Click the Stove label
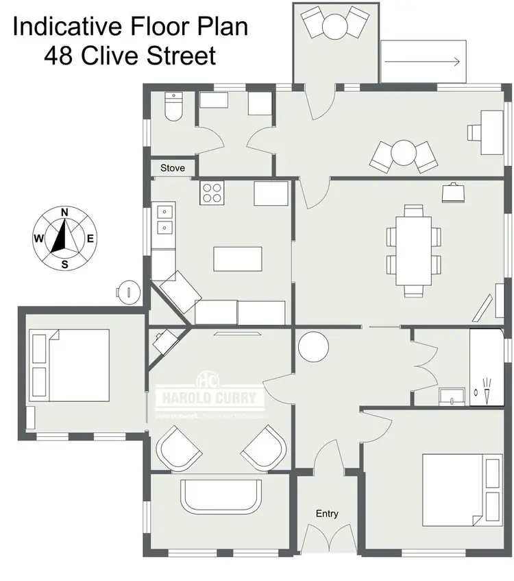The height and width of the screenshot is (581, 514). click(173, 168)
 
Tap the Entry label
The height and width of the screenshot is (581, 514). click(327, 513)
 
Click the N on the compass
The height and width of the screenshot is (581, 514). click(64, 212)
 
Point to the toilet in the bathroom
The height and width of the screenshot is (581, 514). click(174, 108)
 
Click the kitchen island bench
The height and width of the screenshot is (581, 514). click(237, 259)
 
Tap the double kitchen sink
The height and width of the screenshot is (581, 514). click(164, 220)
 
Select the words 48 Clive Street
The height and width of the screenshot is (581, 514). click(130, 55)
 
